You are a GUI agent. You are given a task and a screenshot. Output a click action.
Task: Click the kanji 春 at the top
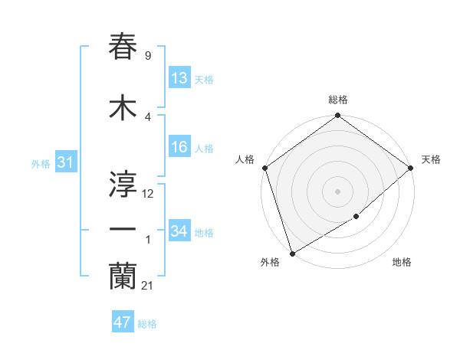[123, 47]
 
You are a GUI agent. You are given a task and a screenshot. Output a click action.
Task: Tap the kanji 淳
[123, 185]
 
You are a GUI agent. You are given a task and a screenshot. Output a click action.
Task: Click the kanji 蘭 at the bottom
[123, 277]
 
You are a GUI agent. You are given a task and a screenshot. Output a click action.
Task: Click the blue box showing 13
[179, 78]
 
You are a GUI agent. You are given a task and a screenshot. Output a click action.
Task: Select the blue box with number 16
[179, 147]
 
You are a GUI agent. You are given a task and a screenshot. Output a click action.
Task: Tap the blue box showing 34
[179, 231]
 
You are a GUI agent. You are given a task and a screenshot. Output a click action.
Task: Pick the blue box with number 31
[65, 162]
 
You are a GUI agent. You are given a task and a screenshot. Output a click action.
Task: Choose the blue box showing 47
[123, 322]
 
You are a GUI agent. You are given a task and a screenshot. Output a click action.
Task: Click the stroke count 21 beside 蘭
[147, 286]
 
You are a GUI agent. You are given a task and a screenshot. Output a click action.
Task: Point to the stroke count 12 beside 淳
[148, 194]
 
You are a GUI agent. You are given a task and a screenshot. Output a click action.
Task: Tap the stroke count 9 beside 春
[147, 56]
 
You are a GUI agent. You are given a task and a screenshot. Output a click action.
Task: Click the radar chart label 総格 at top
[337, 100]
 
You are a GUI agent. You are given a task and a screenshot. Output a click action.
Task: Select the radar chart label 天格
[431, 159]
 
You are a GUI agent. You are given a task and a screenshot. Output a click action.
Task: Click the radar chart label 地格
[402, 263]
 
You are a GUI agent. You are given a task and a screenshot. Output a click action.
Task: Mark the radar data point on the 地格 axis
[356, 217]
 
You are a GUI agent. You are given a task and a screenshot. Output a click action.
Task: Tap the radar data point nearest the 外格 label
[291, 253]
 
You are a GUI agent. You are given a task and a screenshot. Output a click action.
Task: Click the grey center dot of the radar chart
[337, 191]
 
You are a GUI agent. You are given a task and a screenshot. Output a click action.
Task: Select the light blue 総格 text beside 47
[147, 324]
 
